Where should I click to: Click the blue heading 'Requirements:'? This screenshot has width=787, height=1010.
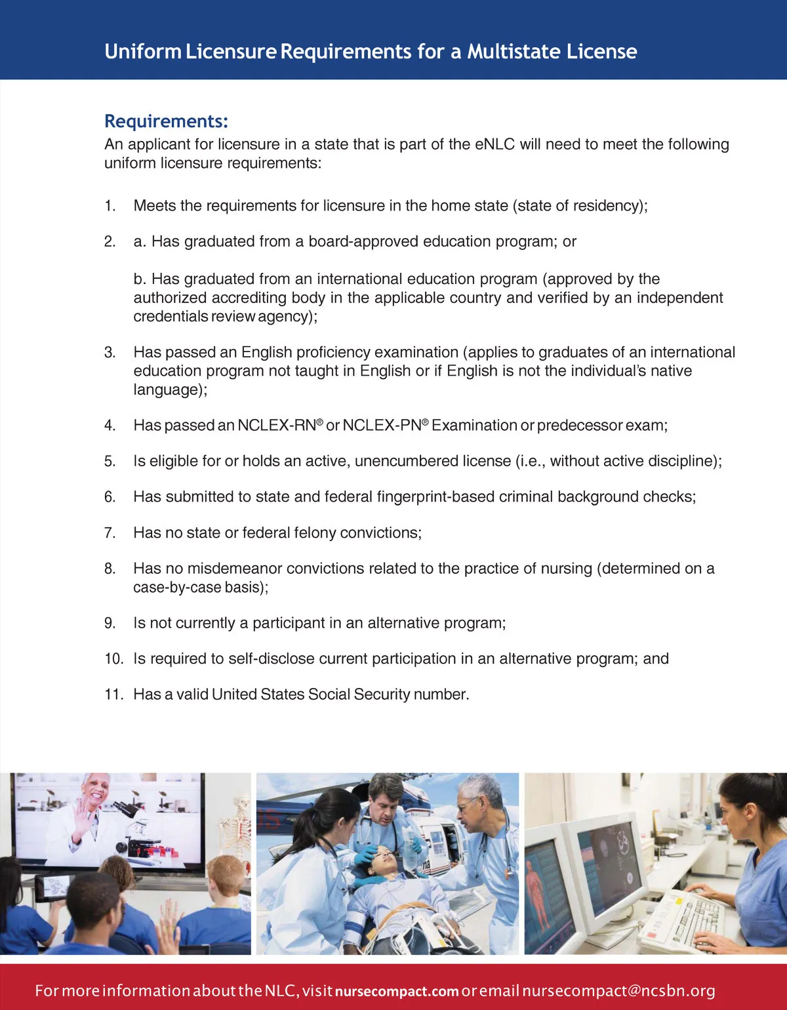coord(166,121)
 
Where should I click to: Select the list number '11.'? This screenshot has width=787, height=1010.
coord(113,695)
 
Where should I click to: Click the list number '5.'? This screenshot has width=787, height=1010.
coord(110,462)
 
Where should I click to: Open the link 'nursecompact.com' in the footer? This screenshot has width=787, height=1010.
coord(396,991)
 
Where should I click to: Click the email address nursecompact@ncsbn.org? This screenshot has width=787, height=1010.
coord(618,990)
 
